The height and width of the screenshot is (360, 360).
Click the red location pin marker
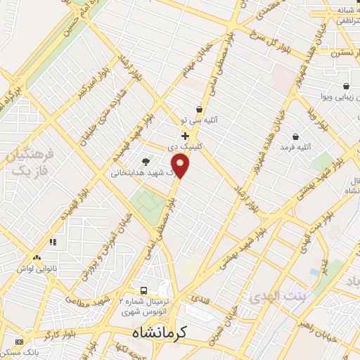[181, 167]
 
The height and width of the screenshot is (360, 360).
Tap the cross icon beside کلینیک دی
[185, 135]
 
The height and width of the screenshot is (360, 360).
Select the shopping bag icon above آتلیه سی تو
[200, 109]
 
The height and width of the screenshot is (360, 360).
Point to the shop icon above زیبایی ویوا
[346, 86]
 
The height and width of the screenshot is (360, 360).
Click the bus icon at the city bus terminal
[143, 290]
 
